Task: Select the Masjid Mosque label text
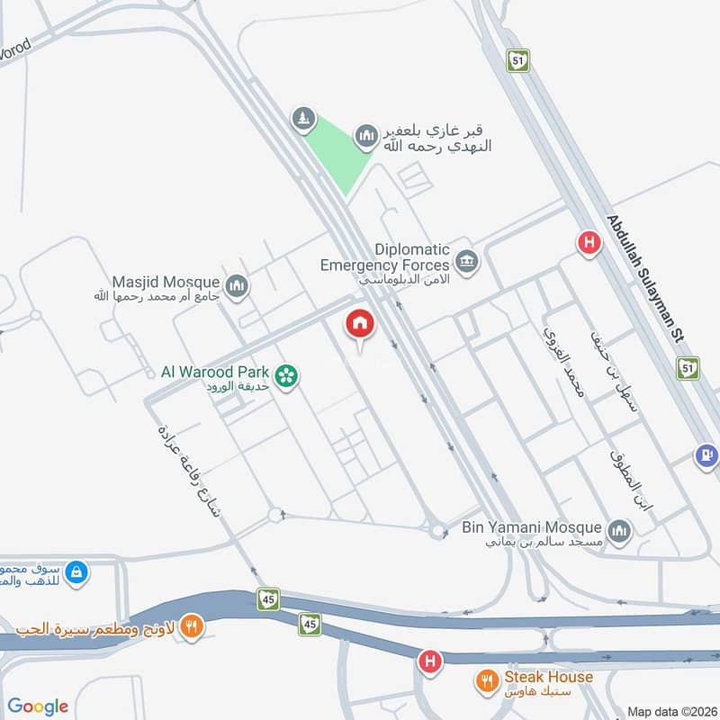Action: [166, 282]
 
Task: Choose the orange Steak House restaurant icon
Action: [490, 681]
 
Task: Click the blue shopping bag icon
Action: [77, 571]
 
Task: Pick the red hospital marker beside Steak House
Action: [431, 662]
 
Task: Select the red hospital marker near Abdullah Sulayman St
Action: [589, 241]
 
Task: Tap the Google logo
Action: [38, 706]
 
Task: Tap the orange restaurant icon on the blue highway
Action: [190, 625]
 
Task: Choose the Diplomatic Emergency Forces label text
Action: [384, 257]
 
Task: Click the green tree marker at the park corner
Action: [304, 118]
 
